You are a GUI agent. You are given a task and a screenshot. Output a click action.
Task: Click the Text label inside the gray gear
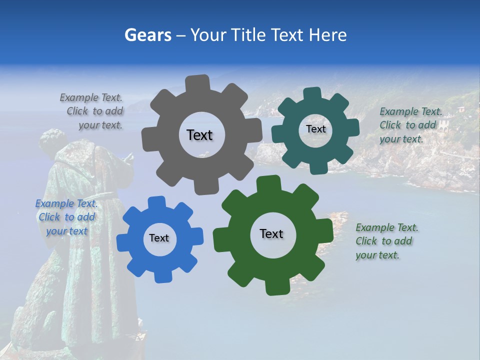click(x=199, y=135)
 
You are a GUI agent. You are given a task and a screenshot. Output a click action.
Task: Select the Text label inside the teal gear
click(x=315, y=129)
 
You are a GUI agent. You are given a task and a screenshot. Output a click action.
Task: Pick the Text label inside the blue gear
click(x=159, y=238)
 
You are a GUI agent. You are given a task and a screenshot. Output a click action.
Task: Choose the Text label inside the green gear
click(x=271, y=233)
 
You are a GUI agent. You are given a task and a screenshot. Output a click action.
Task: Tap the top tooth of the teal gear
click(x=313, y=93)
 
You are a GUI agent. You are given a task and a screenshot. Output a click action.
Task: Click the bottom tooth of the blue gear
click(x=161, y=276)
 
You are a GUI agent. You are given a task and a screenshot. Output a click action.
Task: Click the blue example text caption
click(x=66, y=217)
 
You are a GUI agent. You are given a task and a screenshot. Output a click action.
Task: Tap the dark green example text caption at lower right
click(x=386, y=241)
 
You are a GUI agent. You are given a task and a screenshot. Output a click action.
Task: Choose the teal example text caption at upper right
click(x=410, y=125)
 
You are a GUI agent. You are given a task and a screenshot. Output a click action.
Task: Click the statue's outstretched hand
click(x=128, y=159)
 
